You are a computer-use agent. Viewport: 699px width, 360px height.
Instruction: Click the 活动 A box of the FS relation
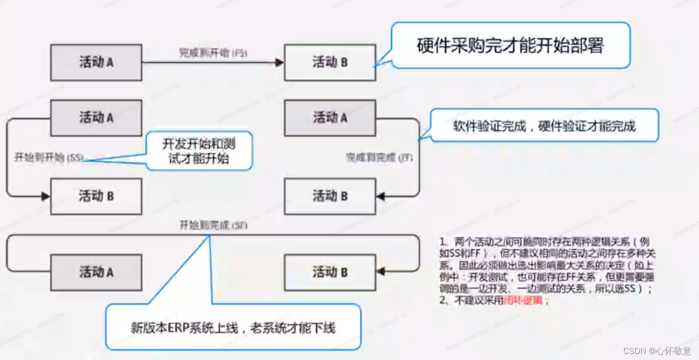point(96,62)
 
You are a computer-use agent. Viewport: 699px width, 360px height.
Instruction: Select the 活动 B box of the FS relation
point(330,62)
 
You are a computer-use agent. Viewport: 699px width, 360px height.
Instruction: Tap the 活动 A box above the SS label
point(96,118)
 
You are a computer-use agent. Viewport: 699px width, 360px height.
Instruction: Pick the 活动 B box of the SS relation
point(96,196)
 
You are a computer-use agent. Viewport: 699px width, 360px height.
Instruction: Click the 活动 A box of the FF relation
point(330,118)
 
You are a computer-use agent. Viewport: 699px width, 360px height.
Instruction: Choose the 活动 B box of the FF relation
point(330,196)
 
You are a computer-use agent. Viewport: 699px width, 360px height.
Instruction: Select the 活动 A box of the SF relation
point(96,272)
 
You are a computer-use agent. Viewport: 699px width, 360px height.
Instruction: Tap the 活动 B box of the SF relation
point(330,272)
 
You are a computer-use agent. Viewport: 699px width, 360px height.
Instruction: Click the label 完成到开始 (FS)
point(213,52)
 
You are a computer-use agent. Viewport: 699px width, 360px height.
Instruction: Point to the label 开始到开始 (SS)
point(48,158)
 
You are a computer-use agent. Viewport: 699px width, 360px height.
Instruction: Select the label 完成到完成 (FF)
point(379,157)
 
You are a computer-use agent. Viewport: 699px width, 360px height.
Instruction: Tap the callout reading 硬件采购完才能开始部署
point(510,45)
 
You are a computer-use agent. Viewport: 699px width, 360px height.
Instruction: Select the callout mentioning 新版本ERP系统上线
point(233,327)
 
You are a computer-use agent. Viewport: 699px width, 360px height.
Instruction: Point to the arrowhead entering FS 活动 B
point(280,62)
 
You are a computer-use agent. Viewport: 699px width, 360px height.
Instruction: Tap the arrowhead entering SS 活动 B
point(46,196)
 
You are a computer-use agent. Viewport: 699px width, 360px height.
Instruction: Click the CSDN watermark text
point(658,351)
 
